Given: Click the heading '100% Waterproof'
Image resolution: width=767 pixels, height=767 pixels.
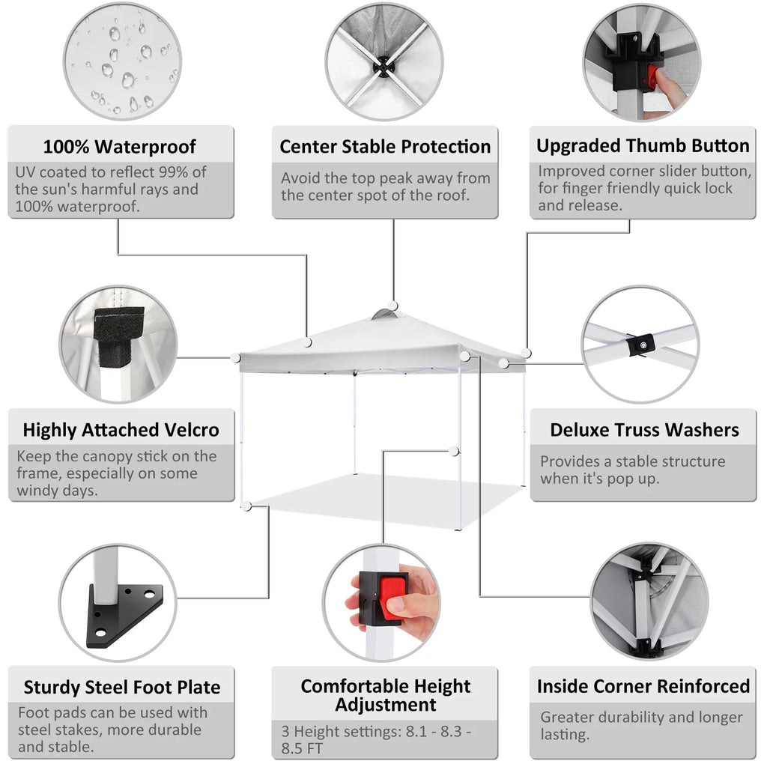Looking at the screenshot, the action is click(119, 146).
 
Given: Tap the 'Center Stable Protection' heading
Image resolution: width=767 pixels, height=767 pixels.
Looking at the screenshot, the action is click(385, 146).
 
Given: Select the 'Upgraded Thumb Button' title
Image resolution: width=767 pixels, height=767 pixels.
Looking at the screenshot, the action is click(643, 145).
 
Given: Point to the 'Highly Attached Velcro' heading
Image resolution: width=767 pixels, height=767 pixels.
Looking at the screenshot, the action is click(121, 429).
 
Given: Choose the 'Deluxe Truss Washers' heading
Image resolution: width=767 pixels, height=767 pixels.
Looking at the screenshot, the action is click(644, 429).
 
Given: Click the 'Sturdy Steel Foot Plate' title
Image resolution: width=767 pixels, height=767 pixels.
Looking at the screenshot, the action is click(122, 687).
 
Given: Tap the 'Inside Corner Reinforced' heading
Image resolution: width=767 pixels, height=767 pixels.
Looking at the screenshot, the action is click(643, 686).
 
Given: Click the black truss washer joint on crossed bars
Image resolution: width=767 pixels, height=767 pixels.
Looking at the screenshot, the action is click(641, 345).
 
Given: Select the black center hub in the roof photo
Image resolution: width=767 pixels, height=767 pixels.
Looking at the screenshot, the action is click(383, 66).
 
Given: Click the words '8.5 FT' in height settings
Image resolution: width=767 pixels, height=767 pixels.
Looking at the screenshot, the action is click(302, 748).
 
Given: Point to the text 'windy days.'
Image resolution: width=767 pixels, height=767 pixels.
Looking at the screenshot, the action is click(57, 490).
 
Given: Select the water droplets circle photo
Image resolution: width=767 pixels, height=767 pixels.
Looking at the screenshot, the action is click(122, 62).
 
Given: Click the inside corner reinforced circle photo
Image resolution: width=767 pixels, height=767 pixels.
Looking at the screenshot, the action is click(649, 601).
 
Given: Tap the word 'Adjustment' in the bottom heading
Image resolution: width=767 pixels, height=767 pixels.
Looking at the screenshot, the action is click(386, 704).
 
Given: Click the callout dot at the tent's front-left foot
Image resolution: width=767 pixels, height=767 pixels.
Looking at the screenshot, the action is click(247, 506).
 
